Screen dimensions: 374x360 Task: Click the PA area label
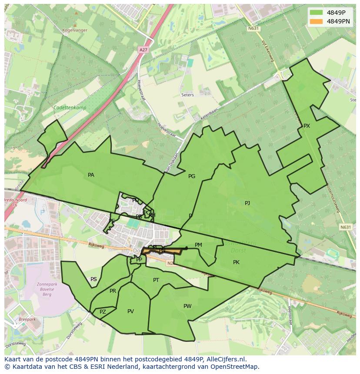[91, 175]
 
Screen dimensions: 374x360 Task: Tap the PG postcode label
[192, 176]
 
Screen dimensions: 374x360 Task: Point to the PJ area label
[247, 203]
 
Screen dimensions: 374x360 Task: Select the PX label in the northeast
[307, 126]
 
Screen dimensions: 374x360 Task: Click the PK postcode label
[236, 262]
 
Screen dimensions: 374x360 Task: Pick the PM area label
[198, 245]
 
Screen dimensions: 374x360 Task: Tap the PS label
[93, 279]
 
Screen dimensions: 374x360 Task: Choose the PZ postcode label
[103, 312]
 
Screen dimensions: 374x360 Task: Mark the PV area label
[130, 311]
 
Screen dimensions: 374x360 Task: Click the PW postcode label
[187, 306]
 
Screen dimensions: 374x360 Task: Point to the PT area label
[156, 280]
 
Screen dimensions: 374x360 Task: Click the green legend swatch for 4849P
[317, 13]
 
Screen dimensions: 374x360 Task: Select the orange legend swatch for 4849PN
[317, 21]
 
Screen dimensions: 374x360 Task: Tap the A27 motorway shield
[143, 50]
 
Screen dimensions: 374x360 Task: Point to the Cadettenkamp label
[70, 108]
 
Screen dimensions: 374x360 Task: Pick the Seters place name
[188, 95]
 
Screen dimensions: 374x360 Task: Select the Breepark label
[27, 319]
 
